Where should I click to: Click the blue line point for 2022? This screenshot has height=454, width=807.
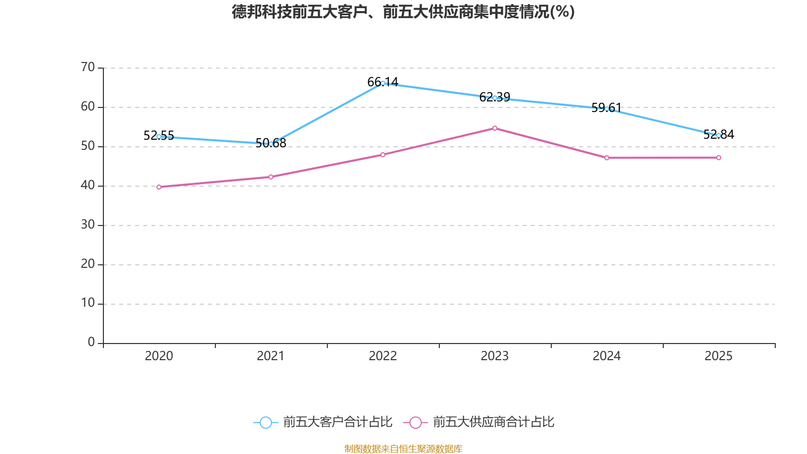point(383,83)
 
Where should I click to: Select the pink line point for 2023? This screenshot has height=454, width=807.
point(495,128)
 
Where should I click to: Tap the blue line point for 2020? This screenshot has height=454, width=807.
point(159,137)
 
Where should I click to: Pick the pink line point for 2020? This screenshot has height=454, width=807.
point(159,187)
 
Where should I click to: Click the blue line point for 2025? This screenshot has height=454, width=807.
point(719,135)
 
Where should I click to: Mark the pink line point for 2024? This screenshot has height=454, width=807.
point(607,158)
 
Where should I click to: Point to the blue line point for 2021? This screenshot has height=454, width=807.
point(271,144)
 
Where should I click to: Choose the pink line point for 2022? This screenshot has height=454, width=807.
point(383,155)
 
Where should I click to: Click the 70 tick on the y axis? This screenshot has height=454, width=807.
point(88,67)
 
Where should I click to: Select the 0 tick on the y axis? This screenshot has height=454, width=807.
point(91,343)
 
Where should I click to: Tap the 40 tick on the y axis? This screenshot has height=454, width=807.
point(88,185)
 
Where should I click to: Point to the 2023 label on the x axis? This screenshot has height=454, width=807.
point(495,356)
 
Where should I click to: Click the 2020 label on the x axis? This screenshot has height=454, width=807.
point(159,356)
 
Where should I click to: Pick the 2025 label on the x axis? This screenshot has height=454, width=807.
point(719,356)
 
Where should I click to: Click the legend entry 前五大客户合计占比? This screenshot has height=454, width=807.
point(337,422)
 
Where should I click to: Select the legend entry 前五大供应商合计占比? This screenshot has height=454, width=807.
point(493,422)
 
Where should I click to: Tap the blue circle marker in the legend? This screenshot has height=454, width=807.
point(265,423)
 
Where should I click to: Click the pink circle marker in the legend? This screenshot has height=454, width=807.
point(415,423)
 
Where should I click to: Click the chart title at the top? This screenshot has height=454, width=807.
point(403,12)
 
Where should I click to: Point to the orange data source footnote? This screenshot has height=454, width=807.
point(403,448)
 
